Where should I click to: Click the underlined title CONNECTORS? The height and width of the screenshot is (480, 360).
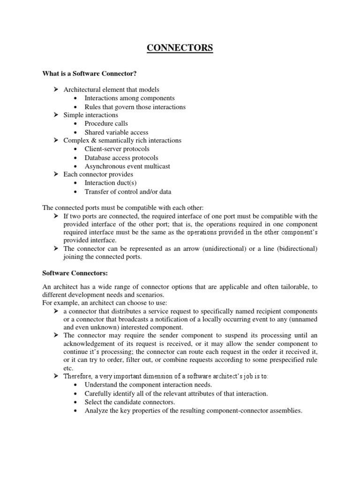pyautogui.click(x=180, y=48)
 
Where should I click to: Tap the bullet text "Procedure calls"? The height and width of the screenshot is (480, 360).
pyautogui.click(x=106, y=124)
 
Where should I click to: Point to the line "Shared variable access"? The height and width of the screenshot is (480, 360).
pyautogui.click(x=116, y=132)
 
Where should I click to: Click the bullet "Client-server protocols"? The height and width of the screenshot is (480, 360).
pyautogui.click(x=118, y=149)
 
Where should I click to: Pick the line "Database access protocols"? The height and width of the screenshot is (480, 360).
pyautogui.click(x=121, y=157)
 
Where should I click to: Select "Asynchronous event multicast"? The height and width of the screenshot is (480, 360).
pyautogui.click(x=127, y=166)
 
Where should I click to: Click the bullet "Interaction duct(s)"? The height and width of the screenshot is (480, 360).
pyautogui.click(x=111, y=183)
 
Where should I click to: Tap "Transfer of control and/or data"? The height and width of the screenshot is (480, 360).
pyautogui.click(x=127, y=191)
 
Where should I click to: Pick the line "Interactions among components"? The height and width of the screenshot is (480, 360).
pyautogui.click(x=129, y=98)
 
